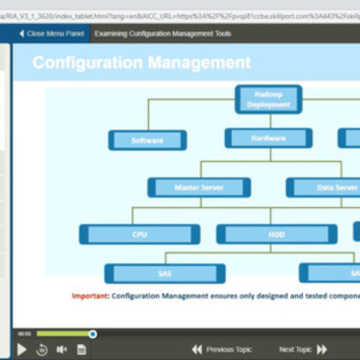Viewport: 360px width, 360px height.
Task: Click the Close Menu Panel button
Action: [x=51, y=34]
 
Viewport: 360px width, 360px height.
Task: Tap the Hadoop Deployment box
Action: [x=268, y=99]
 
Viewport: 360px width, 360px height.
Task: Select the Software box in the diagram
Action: [x=147, y=140]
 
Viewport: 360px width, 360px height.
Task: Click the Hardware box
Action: [x=268, y=138]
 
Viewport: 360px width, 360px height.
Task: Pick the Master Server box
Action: [x=199, y=187]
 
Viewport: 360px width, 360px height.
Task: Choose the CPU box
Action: [x=139, y=234]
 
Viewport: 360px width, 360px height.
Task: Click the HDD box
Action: [x=276, y=234]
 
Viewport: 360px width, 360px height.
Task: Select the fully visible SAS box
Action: [x=165, y=273]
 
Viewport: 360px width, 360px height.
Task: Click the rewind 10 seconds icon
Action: [x=42, y=349]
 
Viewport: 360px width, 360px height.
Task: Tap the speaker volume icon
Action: [x=62, y=349]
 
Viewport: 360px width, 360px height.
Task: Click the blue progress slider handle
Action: [x=93, y=334]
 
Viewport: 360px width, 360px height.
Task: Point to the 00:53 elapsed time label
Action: [x=24, y=334]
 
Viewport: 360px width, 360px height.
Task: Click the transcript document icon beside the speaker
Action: [x=81, y=349]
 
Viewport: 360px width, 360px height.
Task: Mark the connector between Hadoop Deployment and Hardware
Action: [x=270, y=121]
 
